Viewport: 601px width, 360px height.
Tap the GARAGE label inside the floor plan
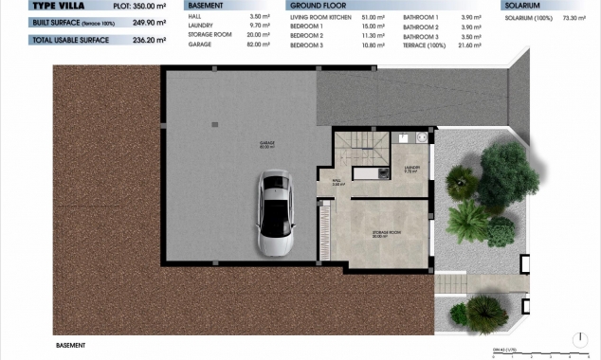click(x=267, y=145)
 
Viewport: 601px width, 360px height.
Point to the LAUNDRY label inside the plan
click(x=410, y=171)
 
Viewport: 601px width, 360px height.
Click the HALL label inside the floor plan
click(x=337, y=183)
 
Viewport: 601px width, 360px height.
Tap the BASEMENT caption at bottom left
click(x=71, y=346)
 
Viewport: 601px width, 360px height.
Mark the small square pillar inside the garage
click(x=214, y=124)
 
